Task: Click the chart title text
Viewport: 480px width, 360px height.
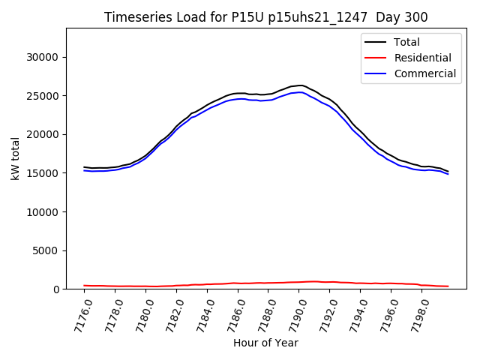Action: (x=266, y=17)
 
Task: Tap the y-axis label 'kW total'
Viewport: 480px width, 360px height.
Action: (x=16, y=159)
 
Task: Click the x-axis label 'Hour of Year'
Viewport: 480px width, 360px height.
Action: (x=265, y=343)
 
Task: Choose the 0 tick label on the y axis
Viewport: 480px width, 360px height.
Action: (x=55, y=289)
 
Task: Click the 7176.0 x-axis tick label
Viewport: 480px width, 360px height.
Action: (x=78, y=313)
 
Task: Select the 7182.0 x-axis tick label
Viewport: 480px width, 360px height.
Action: (x=171, y=313)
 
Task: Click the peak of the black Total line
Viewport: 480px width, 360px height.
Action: (x=301, y=85)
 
